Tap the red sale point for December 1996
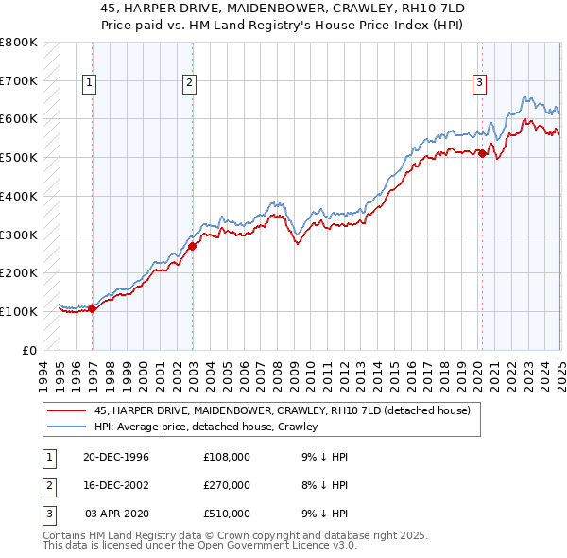pos(93,307)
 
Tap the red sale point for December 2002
pos(192,246)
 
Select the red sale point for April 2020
pos(482,153)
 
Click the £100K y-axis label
pos(19,311)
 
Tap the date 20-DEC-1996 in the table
pos(116,457)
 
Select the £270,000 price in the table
pos(227,485)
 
